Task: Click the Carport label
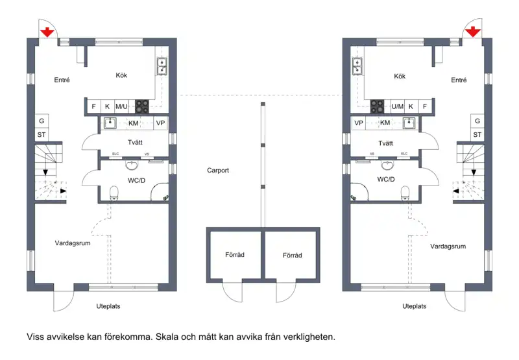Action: (218, 171)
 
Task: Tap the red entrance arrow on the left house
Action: (47, 32)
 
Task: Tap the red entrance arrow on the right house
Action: (473, 31)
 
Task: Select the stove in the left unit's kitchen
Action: (142, 106)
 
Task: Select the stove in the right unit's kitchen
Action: (377, 106)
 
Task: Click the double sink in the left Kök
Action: (162, 66)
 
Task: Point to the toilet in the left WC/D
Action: (114, 193)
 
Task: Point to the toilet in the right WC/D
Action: (405, 193)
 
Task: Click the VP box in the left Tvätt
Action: (160, 123)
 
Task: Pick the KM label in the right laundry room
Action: (385, 123)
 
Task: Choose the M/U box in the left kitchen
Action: (121, 106)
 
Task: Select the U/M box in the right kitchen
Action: (398, 106)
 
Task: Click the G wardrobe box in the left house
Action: (42, 121)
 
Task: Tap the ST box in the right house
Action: (477, 135)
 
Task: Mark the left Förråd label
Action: (235, 255)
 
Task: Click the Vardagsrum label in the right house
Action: (448, 246)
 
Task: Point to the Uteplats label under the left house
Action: (108, 306)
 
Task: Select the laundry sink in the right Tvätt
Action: (409, 123)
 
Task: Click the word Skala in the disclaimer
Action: (167, 337)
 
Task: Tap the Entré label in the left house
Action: (62, 80)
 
